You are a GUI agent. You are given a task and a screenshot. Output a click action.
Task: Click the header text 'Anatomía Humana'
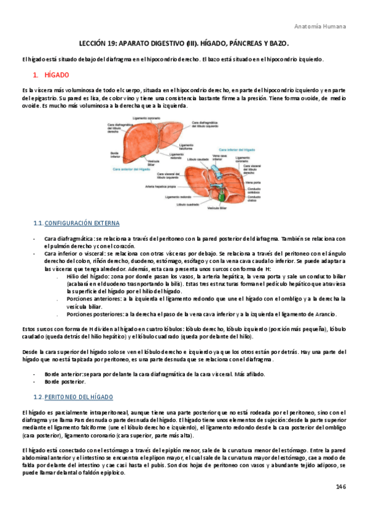(320, 26)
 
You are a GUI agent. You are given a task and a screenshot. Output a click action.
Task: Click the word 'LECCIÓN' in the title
(97, 45)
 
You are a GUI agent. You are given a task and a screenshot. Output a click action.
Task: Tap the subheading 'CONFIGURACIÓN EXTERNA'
(82, 222)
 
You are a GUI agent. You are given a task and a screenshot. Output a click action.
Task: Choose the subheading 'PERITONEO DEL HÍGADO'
(78, 398)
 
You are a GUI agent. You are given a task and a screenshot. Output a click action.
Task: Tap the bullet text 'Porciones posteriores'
(93, 313)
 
